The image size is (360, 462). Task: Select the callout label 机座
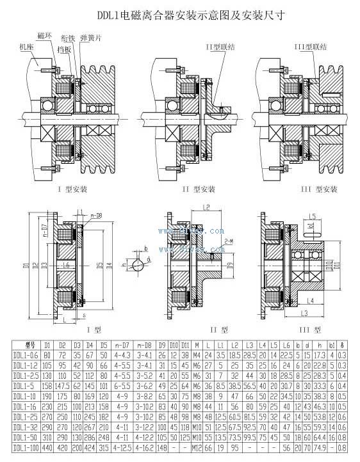pos(28,47)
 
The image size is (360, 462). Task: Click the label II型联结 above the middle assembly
pos(220,47)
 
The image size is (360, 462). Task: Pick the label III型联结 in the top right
pos(310,47)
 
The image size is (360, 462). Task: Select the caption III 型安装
pos(318,189)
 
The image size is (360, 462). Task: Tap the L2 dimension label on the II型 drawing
pos(207,207)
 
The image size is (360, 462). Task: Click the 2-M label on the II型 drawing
pos(229,242)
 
